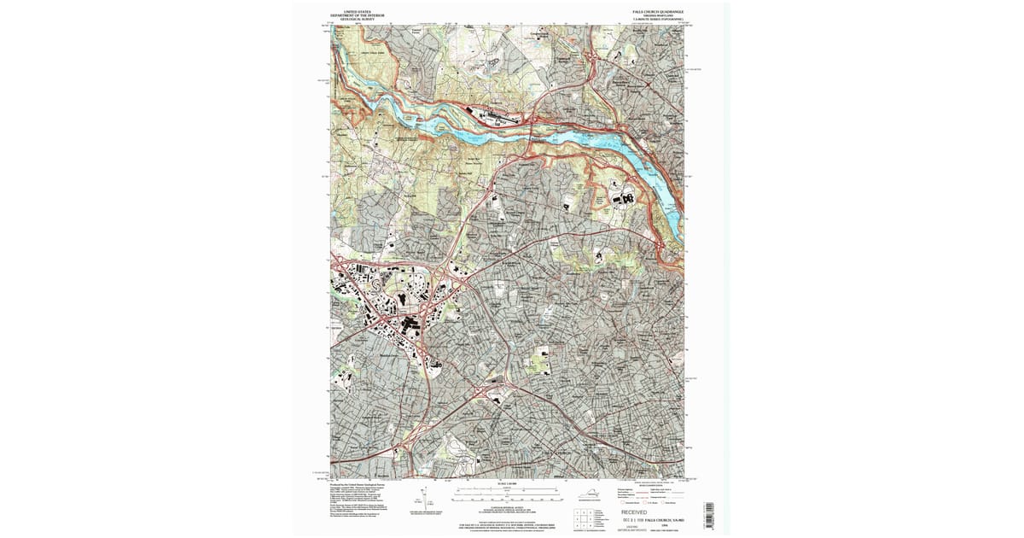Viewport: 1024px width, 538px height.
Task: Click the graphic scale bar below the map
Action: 507,494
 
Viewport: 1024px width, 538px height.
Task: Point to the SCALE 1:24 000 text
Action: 507,484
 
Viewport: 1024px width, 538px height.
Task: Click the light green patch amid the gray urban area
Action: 542,360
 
